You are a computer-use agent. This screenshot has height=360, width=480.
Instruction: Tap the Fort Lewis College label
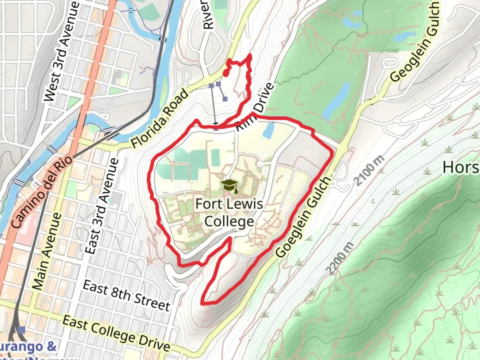click(x=229, y=213)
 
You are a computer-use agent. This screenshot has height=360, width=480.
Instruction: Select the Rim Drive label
click(x=255, y=107)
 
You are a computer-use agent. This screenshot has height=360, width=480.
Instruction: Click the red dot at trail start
click(x=226, y=74)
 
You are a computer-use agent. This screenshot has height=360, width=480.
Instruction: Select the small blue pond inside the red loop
click(x=269, y=130)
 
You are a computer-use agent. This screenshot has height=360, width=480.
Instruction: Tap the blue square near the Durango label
click(x=22, y=330)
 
